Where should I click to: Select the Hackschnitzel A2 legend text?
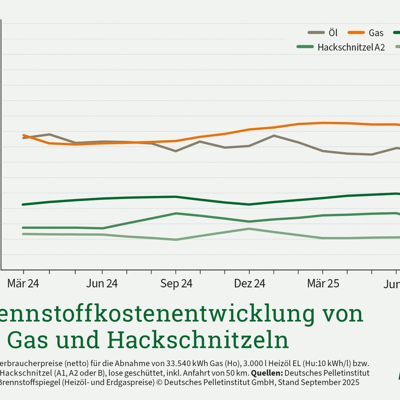click(351, 47)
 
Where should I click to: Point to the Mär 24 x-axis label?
click(23, 284)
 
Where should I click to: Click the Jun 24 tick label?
click(102, 284)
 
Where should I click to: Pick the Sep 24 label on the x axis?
click(176, 284)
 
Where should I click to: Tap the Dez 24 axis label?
click(249, 284)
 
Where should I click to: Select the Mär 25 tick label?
click(323, 284)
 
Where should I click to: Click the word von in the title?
click(341, 314)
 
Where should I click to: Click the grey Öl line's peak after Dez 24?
click(274, 135)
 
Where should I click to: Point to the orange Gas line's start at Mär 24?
click(23, 135)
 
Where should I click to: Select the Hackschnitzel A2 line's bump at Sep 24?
click(176, 214)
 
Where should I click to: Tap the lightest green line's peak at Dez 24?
click(249, 229)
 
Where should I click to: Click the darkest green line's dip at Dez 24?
click(249, 204)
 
